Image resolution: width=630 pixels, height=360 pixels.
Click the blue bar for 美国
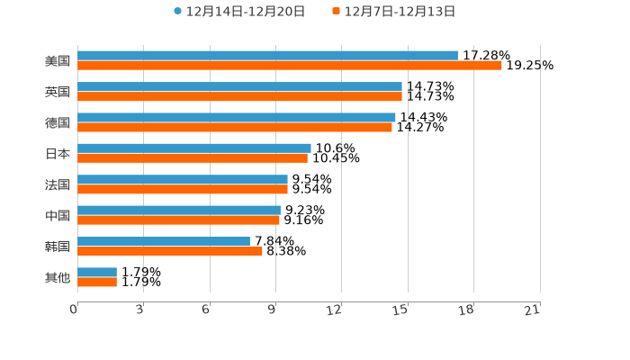click(x=267, y=56)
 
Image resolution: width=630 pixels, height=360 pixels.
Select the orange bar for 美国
click(x=290, y=66)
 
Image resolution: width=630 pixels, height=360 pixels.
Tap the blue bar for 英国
click(x=239, y=86)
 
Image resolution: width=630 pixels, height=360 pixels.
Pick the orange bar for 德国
click(x=235, y=127)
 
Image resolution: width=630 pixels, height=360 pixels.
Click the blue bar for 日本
click(x=194, y=148)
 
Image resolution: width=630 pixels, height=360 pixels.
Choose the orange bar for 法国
click(x=183, y=189)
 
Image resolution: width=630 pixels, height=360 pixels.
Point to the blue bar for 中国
click(x=179, y=210)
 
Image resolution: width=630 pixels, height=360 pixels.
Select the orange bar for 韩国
click(x=170, y=251)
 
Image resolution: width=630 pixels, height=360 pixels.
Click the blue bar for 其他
click(x=97, y=272)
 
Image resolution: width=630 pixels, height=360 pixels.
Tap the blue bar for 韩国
click(x=164, y=241)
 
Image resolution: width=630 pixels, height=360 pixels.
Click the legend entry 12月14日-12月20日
click(x=239, y=12)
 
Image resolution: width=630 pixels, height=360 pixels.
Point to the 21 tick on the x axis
click(x=533, y=310)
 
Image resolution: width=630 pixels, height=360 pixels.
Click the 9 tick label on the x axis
click(x=271, y=310)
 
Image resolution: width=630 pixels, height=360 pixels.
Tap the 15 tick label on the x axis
click(x=401, y=310)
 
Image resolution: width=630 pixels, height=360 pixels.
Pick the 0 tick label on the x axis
click(x=75, y=310)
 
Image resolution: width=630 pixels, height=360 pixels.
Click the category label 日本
click(x=58, y=153)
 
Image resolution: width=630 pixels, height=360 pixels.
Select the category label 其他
click(x=58, y=277)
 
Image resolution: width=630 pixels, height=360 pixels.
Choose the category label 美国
click(x=58, y=61)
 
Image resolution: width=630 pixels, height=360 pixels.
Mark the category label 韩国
click(x=58, y=247)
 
